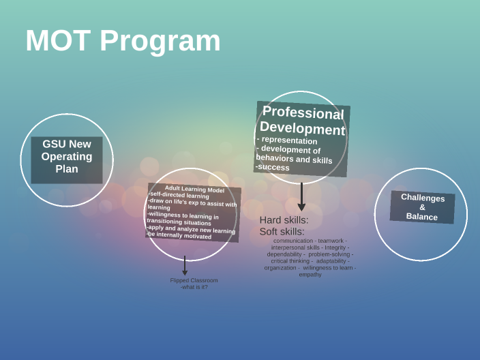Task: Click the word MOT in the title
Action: [58, 41]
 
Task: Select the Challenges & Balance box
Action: [422, 207]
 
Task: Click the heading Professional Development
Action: [303, 121]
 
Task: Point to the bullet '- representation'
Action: [287, 140]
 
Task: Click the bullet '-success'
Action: [273, 167]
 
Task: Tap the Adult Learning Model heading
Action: [194, 189]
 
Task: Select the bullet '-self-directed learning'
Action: [179, 196]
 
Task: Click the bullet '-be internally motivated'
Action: [179, 236]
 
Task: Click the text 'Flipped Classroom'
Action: [194, 280]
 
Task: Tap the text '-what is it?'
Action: [194, 287]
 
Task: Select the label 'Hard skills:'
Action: [284, 220]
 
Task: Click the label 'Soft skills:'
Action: [282, 232]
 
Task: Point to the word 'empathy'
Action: [310, 275]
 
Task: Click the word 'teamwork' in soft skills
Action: [331, 241]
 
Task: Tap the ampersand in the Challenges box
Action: [422, 207]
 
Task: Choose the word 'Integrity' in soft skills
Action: [335, 247]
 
